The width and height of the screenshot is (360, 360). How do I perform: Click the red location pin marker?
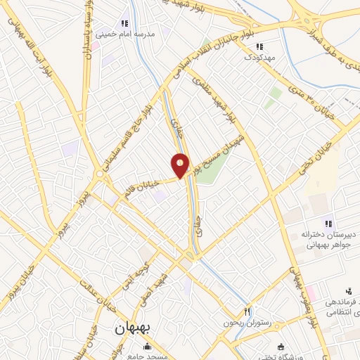tap(180, 165)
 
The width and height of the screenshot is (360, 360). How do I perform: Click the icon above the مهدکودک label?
tap(259, 47)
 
